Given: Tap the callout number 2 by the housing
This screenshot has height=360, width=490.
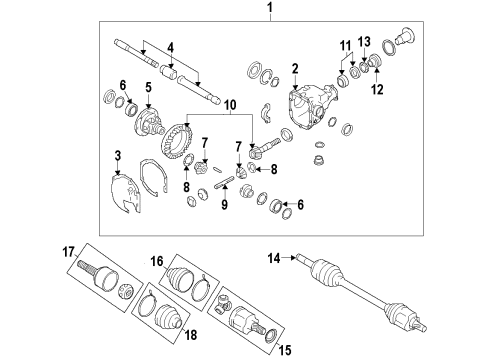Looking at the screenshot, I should click(x=295, y=68).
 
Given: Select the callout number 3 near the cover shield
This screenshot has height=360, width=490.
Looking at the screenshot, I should click(x=118, y=157).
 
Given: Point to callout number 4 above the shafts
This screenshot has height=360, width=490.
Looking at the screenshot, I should click(x=171, y=47).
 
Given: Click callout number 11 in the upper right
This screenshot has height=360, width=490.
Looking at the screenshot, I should click(x=345, y=46).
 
